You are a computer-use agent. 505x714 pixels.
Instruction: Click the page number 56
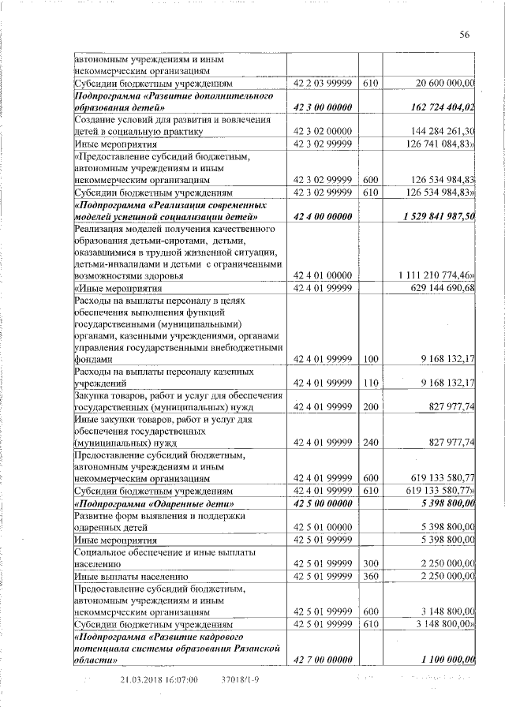[x=464, y=33]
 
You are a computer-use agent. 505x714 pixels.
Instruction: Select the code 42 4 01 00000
[x=321, y=275]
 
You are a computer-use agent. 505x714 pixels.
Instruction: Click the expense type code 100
[x=370, y=360]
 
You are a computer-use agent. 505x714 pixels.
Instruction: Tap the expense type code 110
[x=370, y=383]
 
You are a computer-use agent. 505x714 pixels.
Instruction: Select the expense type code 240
[x=370, y=443]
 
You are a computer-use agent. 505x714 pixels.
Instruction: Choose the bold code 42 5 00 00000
[x=321, y=503]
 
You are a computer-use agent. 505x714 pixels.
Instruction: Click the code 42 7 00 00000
[x=321, y=659]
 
